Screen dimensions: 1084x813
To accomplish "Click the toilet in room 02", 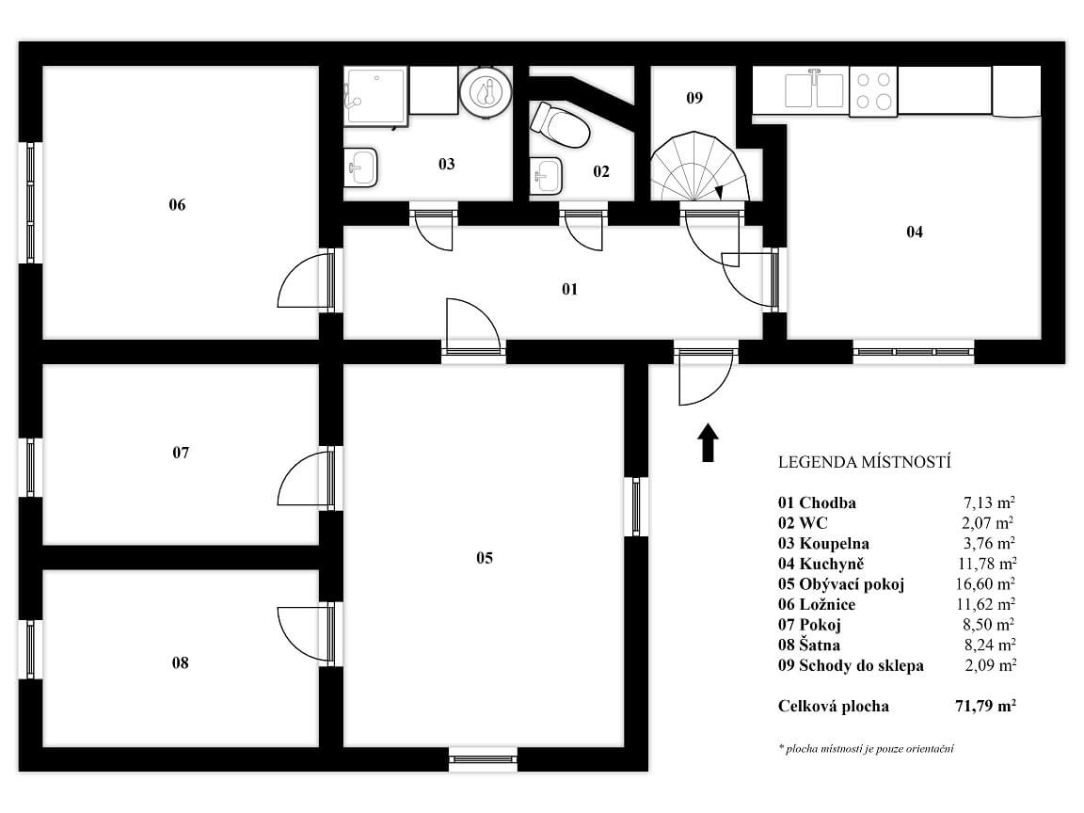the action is click(559, 125).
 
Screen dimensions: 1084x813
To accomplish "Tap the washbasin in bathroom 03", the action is click(360, 167).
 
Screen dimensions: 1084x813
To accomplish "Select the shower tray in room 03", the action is click(375, 96).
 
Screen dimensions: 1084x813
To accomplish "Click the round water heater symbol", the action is click(486, 91).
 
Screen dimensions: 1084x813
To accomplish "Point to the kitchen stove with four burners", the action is click(873, 90).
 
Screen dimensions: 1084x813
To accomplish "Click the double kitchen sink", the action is click(815, 90).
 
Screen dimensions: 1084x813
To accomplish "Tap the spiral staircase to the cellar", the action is click(699, 167).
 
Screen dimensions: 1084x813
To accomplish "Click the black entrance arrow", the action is click(708, 441).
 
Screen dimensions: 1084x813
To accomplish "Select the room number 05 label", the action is click(485, 558).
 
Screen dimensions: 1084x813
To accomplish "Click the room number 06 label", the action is click(177, 204).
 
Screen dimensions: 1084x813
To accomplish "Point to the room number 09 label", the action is click(694, 98).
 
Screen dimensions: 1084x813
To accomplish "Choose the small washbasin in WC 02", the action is click(546, 176).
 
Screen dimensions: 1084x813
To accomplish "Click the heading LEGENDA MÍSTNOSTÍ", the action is click(865, 462).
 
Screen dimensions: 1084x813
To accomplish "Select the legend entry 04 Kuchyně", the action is click(821, 564).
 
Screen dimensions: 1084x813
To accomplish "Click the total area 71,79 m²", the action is click(985, 706).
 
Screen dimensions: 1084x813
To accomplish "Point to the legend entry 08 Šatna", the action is click(809, 645).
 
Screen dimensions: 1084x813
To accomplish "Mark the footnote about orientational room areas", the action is click(867, 749).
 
